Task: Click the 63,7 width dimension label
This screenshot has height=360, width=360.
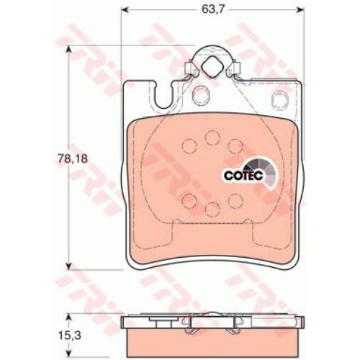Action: (210, 9)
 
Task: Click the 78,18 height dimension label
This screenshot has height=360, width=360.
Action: (73, 158)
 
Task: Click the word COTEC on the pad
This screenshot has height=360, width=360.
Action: (243, 176)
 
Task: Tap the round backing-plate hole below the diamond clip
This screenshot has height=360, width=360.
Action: (202, 94)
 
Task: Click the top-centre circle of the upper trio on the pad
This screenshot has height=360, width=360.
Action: (212, 138)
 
